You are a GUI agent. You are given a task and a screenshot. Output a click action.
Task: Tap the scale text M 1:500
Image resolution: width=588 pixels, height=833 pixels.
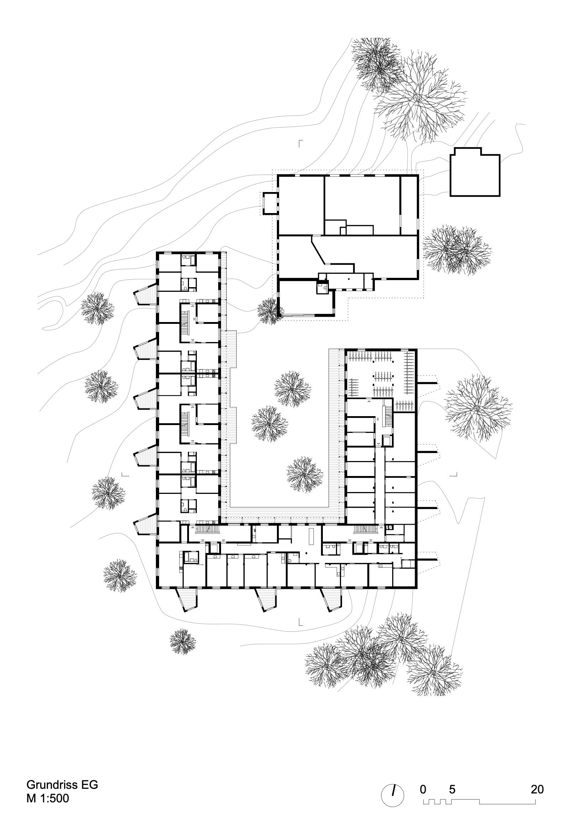(47, 798)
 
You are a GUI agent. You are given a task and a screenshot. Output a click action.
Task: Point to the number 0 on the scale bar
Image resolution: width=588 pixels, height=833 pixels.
(423, 787)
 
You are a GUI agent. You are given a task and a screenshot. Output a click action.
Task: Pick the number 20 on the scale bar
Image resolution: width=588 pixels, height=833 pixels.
(537, 787)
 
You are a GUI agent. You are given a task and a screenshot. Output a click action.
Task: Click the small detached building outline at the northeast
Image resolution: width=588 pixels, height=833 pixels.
(474, 174)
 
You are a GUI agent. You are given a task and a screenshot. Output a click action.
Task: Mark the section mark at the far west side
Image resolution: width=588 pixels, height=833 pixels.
(125, 474)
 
